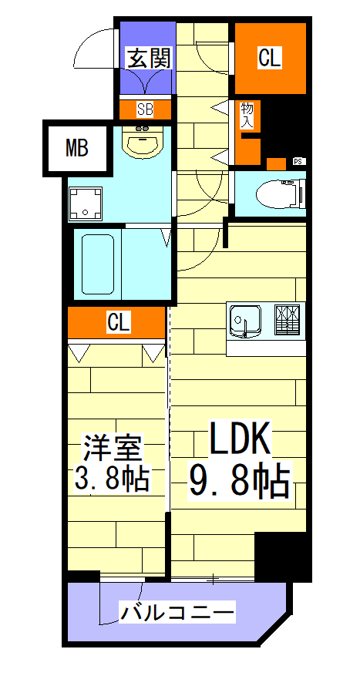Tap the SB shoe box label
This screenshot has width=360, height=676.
[146, 109]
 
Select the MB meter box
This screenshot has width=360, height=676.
[76, 148]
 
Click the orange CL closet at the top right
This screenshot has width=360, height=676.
[269, 58]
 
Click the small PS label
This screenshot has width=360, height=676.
[298, 162]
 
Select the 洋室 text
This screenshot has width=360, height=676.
[113, 448]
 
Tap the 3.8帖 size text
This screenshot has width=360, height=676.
[112, 480]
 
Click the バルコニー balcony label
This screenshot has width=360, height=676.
[177, 614]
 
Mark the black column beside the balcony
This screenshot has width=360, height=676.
[282, 556]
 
